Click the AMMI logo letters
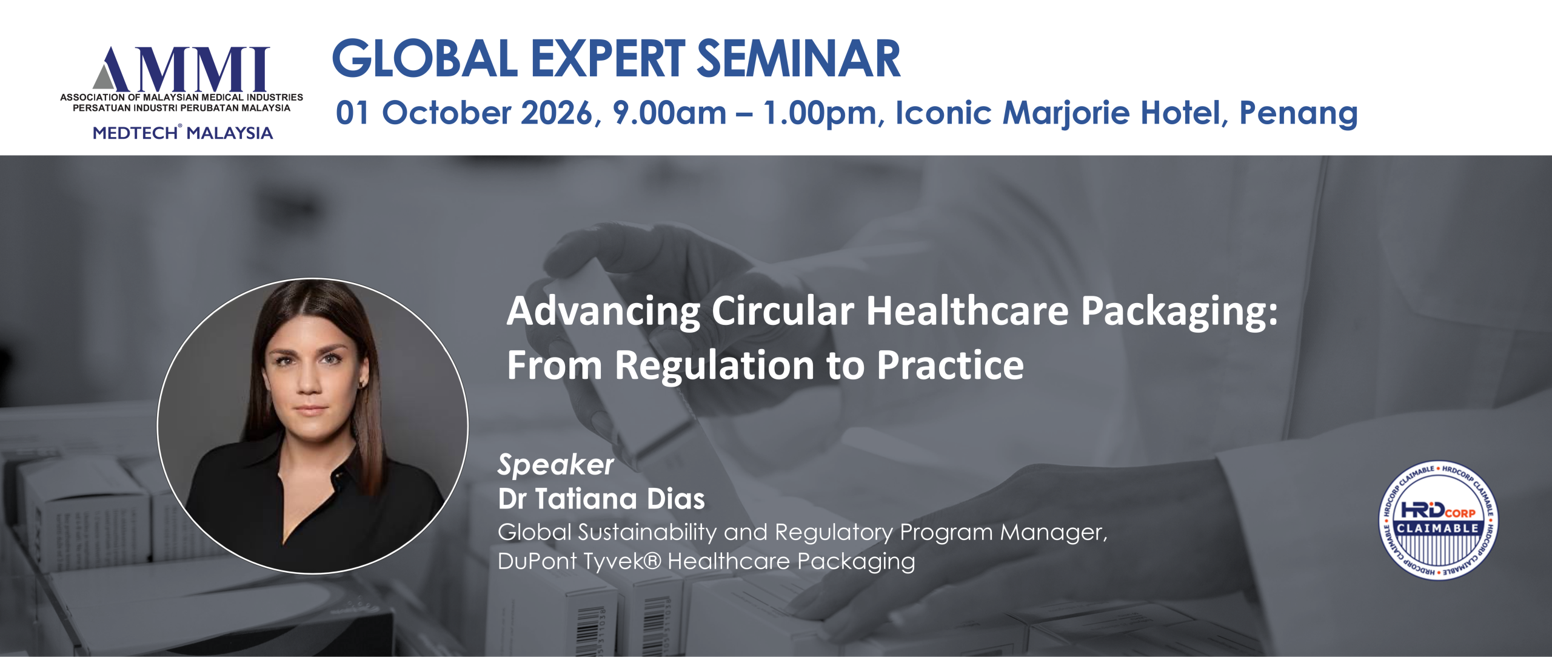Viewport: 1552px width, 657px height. point(181,68)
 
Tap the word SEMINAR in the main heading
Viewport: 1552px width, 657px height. point(799,59)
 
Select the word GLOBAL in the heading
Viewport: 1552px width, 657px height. point(425,59)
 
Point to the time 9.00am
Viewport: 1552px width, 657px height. point(669,113)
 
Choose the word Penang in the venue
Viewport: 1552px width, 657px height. point(1298,114)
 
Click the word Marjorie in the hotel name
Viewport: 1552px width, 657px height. point(1066,114)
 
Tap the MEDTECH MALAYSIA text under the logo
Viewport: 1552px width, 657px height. point(182,133)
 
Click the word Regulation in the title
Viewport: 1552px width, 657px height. point(715,366)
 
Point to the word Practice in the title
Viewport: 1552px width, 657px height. point(950,365)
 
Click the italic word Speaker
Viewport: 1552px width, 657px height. point(556,465)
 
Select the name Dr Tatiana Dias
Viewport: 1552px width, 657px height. point(601,499)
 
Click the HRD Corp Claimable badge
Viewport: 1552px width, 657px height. point(1437,520)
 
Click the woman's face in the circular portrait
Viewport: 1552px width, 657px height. point(311,381)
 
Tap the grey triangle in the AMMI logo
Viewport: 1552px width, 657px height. point(104,77)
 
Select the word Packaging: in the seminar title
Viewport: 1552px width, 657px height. point(1180,312)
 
